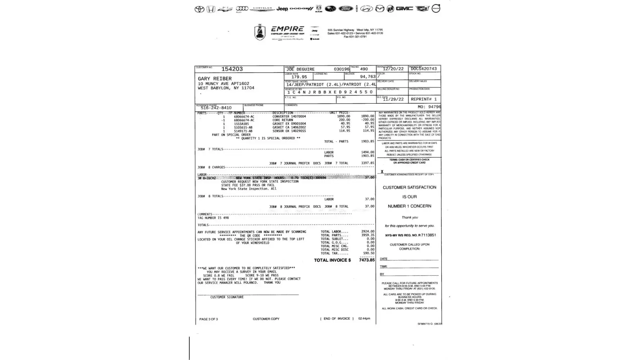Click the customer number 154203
pos(232,69)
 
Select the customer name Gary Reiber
pos(215,78)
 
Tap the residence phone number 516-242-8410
pos(216,108)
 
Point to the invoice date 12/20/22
pos(393,69)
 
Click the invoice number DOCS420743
pos(424,69)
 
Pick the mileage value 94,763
pos(368,77)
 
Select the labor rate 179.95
pos(299,77)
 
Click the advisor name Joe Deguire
pos(300,69)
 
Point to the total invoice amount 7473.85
pos(366,260)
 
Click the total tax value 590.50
pos(369,253)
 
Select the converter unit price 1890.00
pos(343,116)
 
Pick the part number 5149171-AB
pos(243,131)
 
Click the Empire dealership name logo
pos(287,29)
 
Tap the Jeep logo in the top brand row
pos(282,9)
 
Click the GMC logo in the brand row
pos(404,9)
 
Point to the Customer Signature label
pos(227,297)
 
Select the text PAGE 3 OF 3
pos(208,319)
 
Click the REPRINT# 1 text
pos(423,99)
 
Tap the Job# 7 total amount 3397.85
pos(368,163)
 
